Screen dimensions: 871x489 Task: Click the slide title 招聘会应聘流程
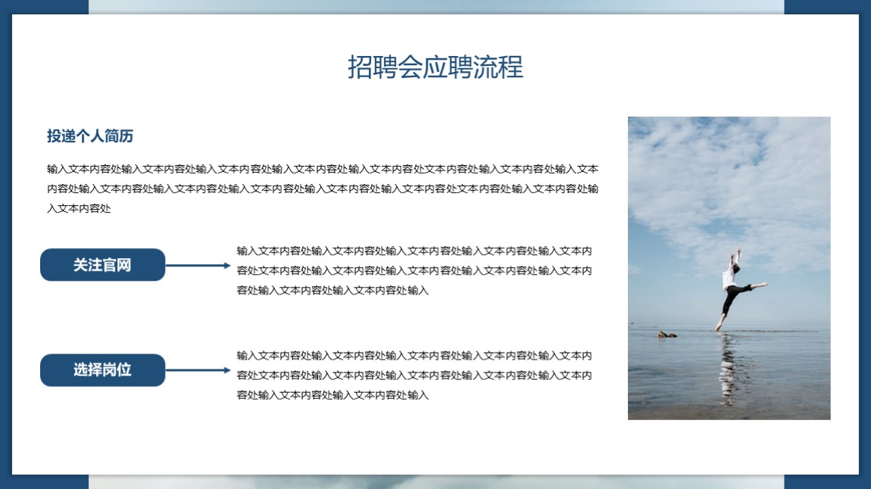435,67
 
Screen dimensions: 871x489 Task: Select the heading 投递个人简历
90,136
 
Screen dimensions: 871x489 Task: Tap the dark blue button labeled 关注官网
103,265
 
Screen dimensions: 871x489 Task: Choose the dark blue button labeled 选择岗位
103,370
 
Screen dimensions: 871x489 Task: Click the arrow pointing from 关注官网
198,265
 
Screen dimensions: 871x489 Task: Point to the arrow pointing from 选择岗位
198,370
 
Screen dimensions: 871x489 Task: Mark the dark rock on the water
667,334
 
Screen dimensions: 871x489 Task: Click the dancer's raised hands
735,253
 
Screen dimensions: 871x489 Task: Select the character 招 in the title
360,67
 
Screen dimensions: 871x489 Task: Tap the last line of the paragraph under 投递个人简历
79,209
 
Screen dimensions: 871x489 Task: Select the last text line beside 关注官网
332,290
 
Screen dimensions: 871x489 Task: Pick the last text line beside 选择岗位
332,395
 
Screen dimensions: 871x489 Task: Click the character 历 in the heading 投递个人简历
126,136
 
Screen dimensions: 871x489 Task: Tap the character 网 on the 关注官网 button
124,265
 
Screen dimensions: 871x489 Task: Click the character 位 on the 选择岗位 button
124,369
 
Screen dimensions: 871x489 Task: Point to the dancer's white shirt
729,278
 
